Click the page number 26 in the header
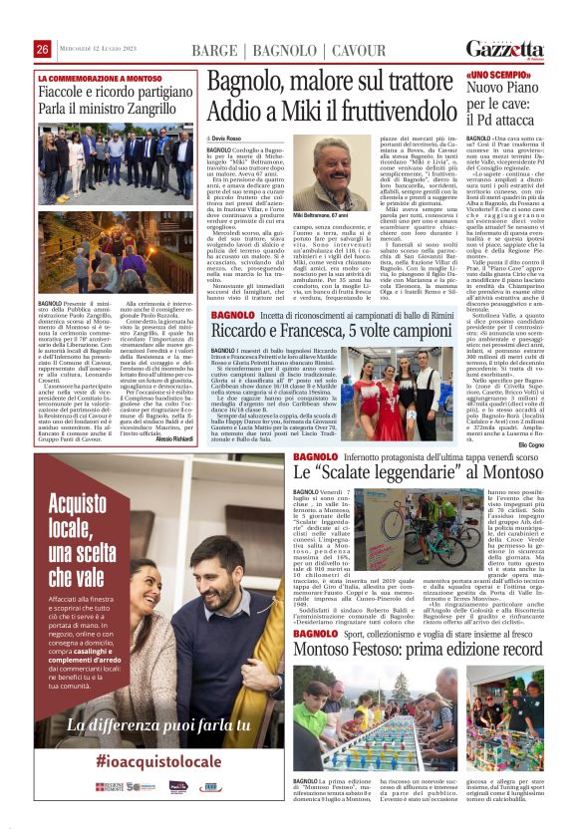pos(43,50)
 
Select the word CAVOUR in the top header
pos(359,50)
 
